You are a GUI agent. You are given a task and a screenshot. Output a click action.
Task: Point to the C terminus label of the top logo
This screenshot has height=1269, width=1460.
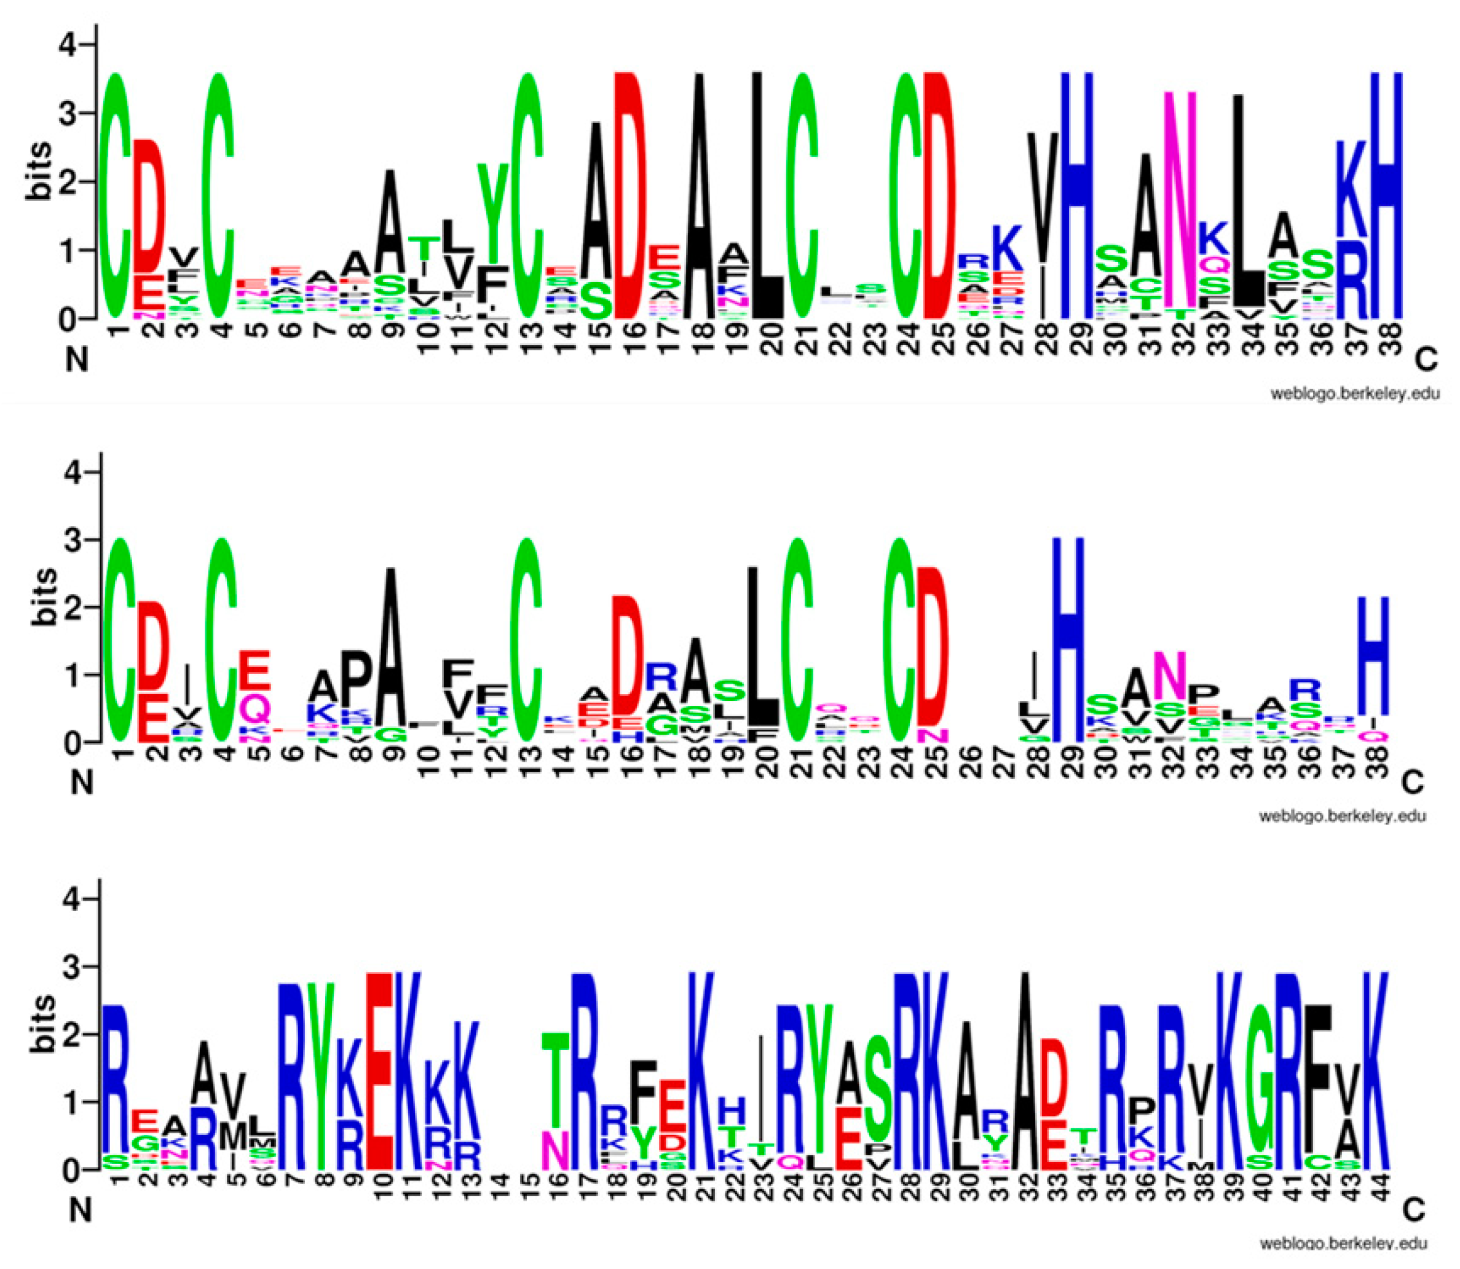pos(1427,361)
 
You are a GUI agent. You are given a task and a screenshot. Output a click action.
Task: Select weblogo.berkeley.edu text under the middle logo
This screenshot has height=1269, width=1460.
pos(1342,816)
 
